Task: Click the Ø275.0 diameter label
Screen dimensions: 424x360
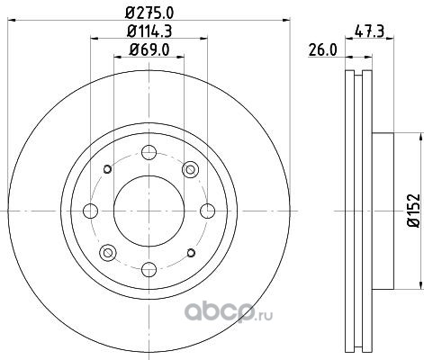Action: (x=149, y=13)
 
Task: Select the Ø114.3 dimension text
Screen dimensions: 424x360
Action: (x=149, y=31)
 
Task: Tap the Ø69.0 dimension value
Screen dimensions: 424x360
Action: (x=149, y=49)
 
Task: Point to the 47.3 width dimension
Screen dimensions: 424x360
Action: (x=369, y=31)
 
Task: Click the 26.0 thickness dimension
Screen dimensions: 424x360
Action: (x=322, y=49)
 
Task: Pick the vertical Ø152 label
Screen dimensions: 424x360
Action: (x=414, y=211)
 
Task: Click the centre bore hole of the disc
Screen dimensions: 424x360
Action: (x=149, y=211)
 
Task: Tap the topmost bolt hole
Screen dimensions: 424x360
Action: (x=149, y=152)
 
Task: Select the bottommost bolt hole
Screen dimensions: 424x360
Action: (x=149, y=269)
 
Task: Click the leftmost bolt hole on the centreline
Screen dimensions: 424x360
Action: (x=90, y=211)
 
